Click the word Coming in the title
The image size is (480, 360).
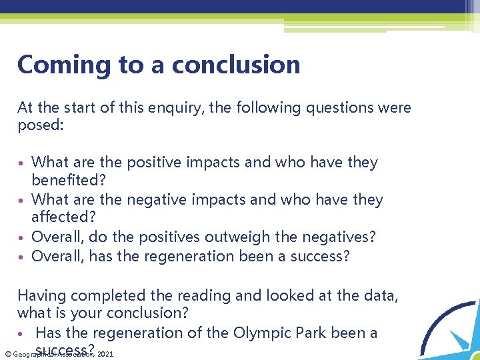[x=55, y=65]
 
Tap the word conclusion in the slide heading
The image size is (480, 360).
[x=236, y=65]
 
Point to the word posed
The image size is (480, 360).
[x=38, y=125]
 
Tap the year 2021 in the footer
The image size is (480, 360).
[x=105, y=355]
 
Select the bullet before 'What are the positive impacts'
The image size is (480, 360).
[x=23, y=163]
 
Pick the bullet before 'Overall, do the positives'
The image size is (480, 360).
[x=23, y=237]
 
